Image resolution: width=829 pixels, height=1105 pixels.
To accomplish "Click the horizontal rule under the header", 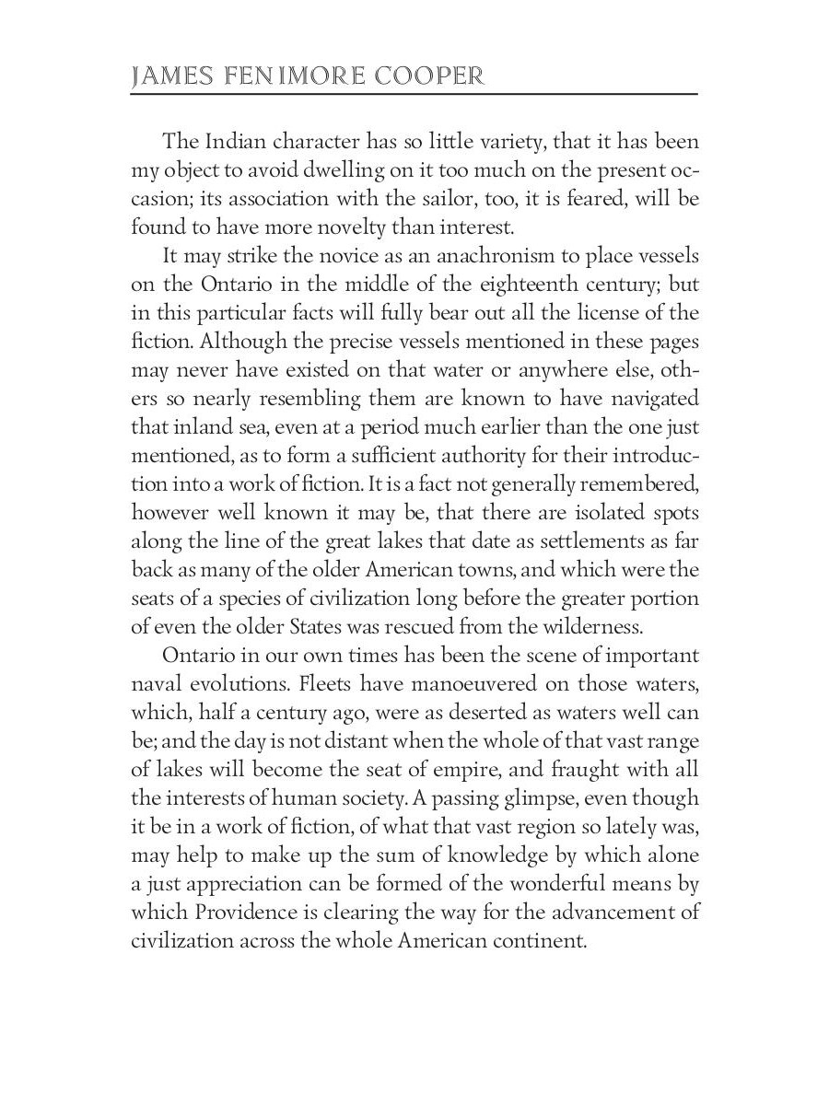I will point(414,94).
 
